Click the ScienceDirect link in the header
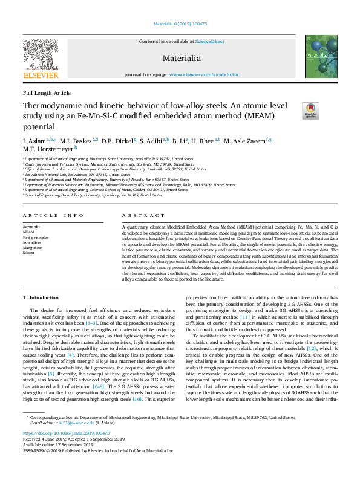pyautogui.click(x=209, y=41)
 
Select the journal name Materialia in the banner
pyautogui.click(x=182, y=58)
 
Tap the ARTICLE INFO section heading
pyautogui.click(x=53, y=216)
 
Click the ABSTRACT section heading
pyautogui.click(x=134, y=216)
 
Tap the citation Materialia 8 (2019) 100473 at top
pyautogui.click(x=180, y=25)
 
